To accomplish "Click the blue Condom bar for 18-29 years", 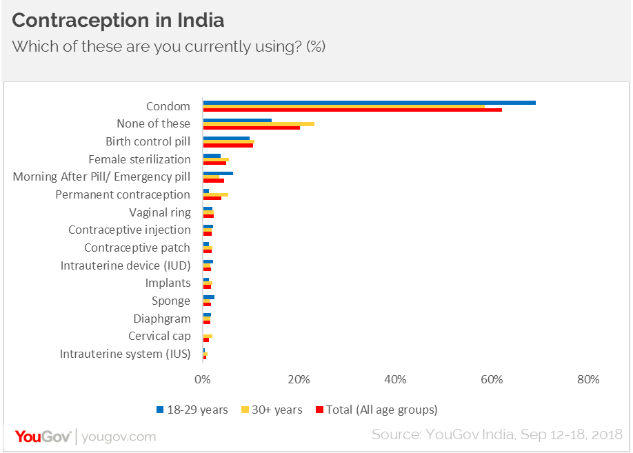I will point(369,103).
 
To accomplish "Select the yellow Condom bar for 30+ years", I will point(343,106).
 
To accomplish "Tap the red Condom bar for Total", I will point(352,110).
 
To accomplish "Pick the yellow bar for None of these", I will point(259,124).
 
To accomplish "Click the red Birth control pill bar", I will point(228,145).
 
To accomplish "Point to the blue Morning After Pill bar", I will point(218,173).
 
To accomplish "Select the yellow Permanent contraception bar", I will point(216,194).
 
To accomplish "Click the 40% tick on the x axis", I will point(395,379).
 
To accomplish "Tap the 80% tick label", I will point(588,379).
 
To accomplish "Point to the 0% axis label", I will point(202,379).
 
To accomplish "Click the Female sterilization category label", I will point(139,159).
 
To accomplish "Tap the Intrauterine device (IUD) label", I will point(125,265).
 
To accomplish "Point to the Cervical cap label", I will point(159,336).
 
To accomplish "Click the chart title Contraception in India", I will point(118,21).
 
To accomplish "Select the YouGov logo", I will point(44,436).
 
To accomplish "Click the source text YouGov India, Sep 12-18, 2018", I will point(496,434).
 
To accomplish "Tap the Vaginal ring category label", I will point(160,212).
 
